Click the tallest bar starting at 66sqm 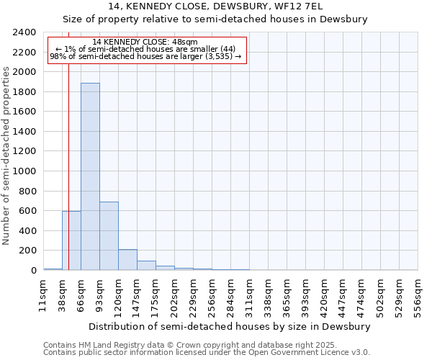coord(90,176)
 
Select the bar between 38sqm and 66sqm coord(71,240)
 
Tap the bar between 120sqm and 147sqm coord(127,260)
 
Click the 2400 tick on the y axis coord(26,32)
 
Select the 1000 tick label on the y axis coord(26,171)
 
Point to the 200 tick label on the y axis coord(29,251)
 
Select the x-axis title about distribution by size coord(230,326)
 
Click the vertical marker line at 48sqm coord(68,144)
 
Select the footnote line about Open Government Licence coord(207,352)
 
